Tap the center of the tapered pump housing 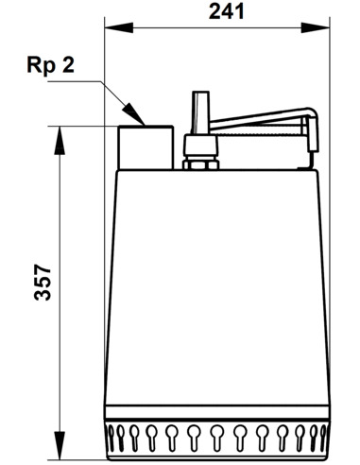(217, 293)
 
